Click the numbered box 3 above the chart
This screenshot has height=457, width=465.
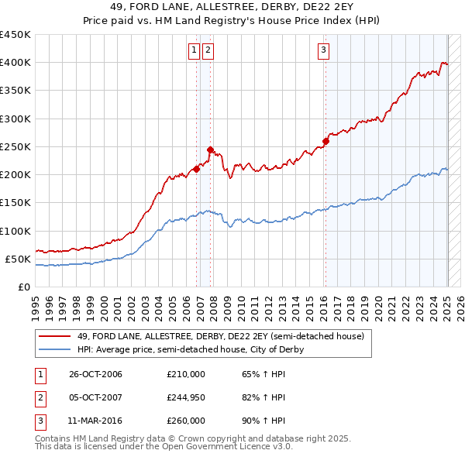pos(322,51)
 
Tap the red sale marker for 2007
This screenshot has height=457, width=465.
pos(210,149)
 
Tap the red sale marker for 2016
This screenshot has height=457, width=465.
pos(325,141)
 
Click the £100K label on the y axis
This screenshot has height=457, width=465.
pos(15,231)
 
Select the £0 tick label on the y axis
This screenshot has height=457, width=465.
pos(25,287)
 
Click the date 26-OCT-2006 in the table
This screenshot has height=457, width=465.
pos(96,374)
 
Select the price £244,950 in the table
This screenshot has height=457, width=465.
pos(186,397)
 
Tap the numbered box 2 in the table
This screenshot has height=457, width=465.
pos(40,397)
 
